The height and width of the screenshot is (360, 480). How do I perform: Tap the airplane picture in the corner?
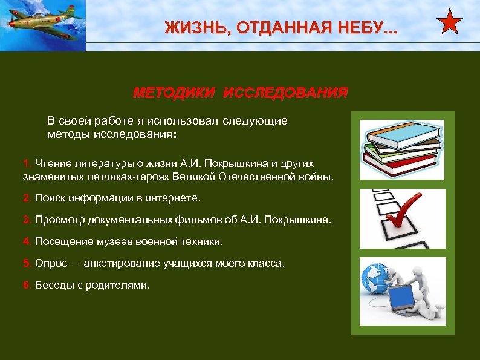(x=42, y=24)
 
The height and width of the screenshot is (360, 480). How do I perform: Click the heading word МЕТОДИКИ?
(x=174, y=93)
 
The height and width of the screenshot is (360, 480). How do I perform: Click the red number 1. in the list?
(x=27, y=163)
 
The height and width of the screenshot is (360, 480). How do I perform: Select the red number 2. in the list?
(x=27, y=198)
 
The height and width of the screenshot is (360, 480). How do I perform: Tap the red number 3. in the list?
(x=27, y=220)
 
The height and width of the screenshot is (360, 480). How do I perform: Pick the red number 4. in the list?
(x=27, y=241)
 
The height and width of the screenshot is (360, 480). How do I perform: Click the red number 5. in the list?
(x=27, y=263)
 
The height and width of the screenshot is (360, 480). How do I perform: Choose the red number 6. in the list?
(x=27, y=285)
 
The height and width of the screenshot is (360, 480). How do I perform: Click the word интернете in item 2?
(x=177, y=198)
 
